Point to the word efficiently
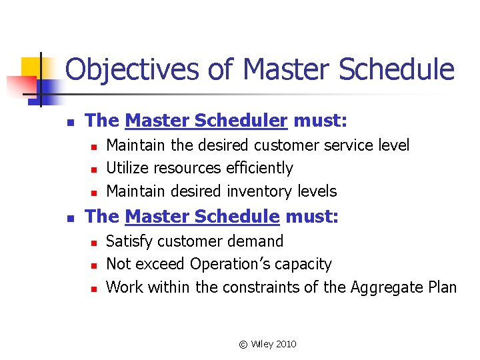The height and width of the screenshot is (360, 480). pyautogui.click(x=259, y=168)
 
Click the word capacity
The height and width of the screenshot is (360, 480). pyautogui.click(x=304, y=265)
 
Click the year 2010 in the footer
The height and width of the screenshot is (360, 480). pyautogui.click(x=285, y=344)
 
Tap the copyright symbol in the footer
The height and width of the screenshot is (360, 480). pyautogui.click(x=243, y=344)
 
